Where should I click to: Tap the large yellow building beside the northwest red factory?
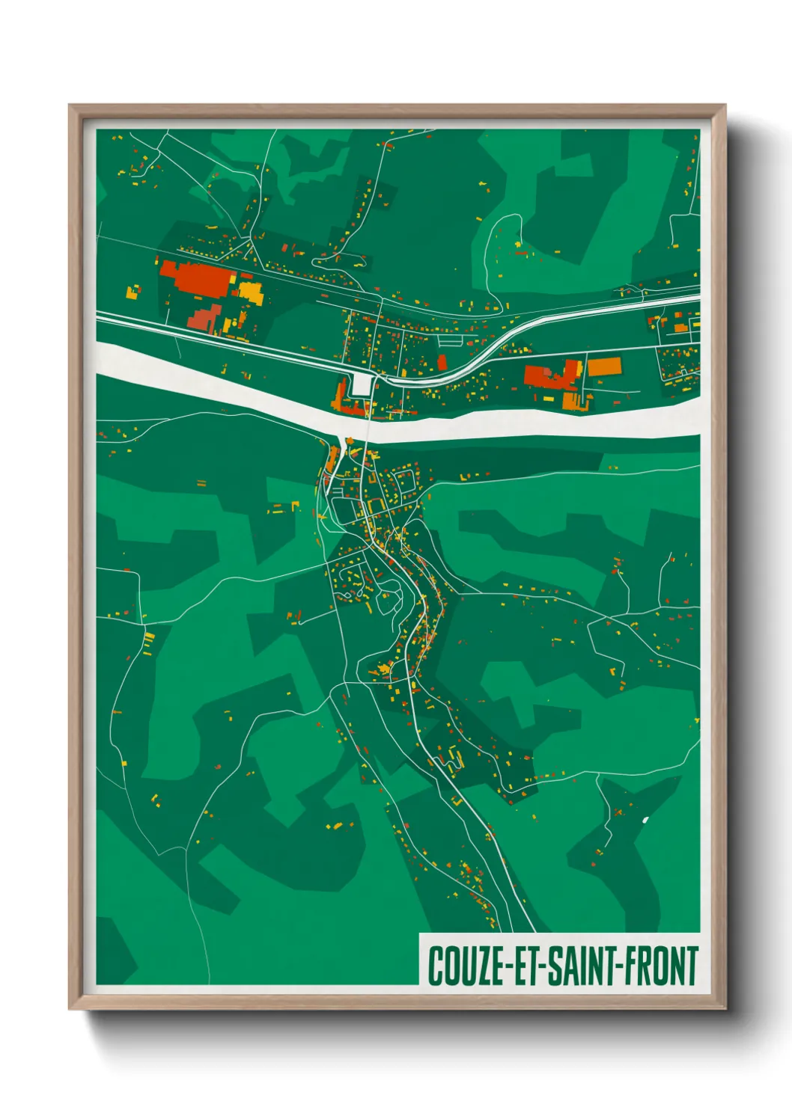(x=251, y=292)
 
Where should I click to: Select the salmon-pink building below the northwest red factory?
(x=205, y=318)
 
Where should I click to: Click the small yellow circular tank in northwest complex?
(x=245, y=276)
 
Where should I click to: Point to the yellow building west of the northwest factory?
(x=132, y=292)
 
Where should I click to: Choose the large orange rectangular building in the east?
(x=604, y=367)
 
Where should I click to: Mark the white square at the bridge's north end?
(x=362, y=385)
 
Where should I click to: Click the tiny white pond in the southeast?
(x=645, y=819)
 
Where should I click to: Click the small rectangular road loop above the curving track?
(x=451, y=340)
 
